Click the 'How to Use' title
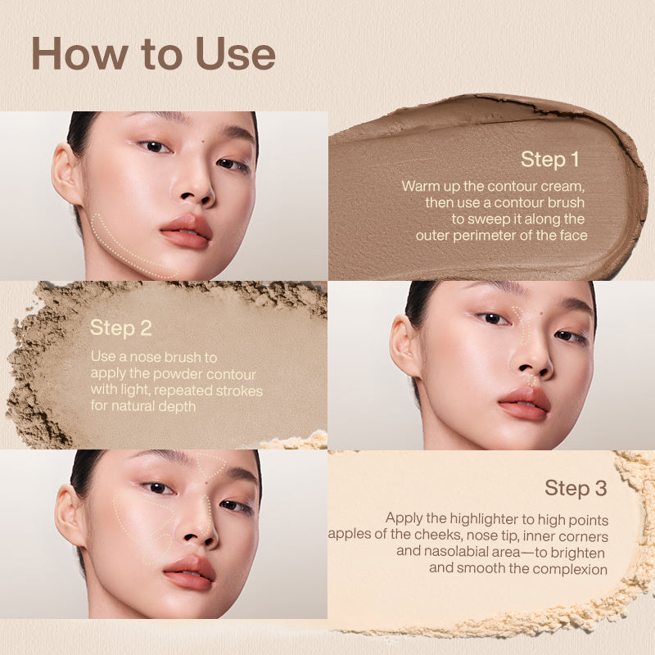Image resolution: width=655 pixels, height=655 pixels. (x=152, y=54)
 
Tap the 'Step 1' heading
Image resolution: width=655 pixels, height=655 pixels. (x=549, y=159)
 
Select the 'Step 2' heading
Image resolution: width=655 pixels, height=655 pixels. (x=121, y=327)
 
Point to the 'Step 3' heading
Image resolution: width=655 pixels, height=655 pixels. (x=576, y=489)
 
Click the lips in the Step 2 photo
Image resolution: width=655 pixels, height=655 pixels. (x=524, y=403)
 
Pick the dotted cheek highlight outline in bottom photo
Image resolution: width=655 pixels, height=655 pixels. (x=135, y=524)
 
